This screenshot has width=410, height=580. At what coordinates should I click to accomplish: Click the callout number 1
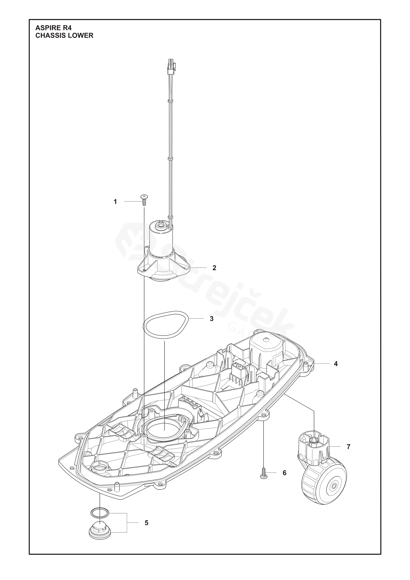[115, 209]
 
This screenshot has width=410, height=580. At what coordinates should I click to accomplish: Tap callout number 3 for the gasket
[212, 319]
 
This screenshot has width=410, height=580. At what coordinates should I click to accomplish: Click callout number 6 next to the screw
[285, 473]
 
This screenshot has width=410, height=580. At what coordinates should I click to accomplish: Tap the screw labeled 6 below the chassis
[263, 472]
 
